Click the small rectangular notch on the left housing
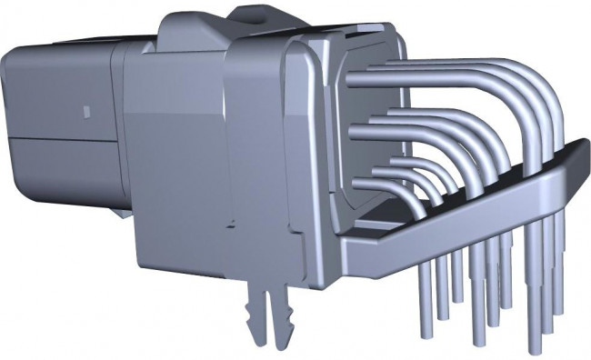click(86, 113)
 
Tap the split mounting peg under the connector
click(265, 309)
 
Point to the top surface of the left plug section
click(73, 45)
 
